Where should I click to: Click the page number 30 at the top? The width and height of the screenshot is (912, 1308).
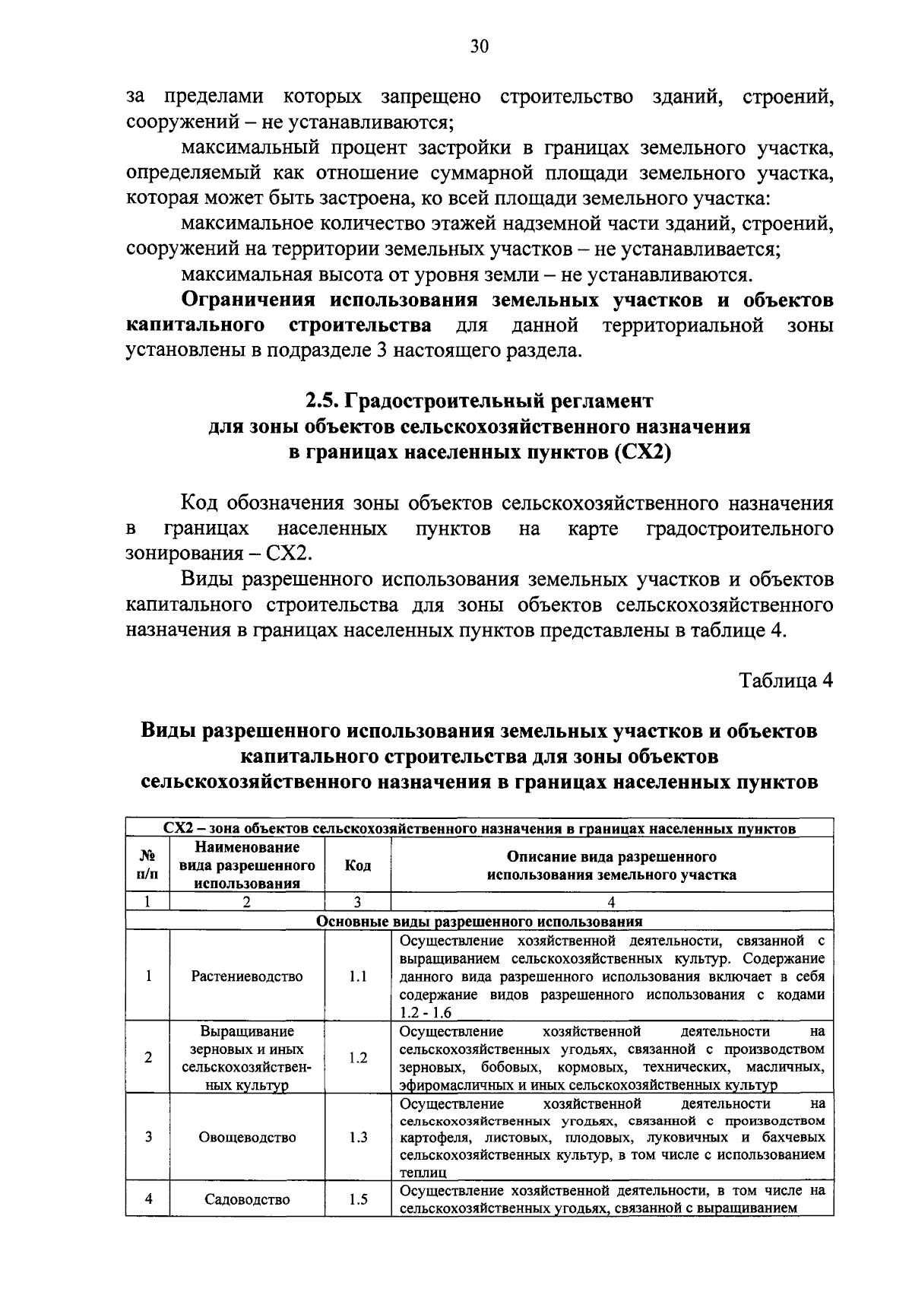pyautogui.click(x=478, y=47)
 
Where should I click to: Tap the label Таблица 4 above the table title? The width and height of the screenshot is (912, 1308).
pyautogui.click(x=787, y=680)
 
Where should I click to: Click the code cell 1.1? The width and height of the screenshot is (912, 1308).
pyautogui.click(x=358, y=976)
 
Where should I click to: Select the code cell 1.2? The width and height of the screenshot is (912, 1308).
pyautogui.click(x=358, y=1057)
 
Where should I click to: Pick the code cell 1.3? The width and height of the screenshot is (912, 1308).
pyautogui.click(x=358, y=1138)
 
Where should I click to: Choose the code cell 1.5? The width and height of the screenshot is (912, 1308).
pyautogui.click(x=358, y=1199)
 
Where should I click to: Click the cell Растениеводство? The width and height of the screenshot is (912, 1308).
pyautogui.click(x=247, y=976)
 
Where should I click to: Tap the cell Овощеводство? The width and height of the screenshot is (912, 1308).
pyautogui.click(x=247, y=1138)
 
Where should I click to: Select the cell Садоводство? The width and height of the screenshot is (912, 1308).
pyautogui.click(x=247, y=1200)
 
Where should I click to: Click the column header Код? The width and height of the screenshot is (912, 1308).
pyautogui.click(x=358, y=865)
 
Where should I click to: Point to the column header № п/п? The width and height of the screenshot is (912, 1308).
pyautogui.click(x=147, y=865)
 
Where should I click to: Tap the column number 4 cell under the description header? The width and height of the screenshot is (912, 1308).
pyautogui.click(x=612, y=902)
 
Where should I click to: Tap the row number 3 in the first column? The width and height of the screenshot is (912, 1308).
pyautogui.click(x=147, y=1138)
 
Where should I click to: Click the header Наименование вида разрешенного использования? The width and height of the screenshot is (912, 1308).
pyautogui.click(x=247, y=865)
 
